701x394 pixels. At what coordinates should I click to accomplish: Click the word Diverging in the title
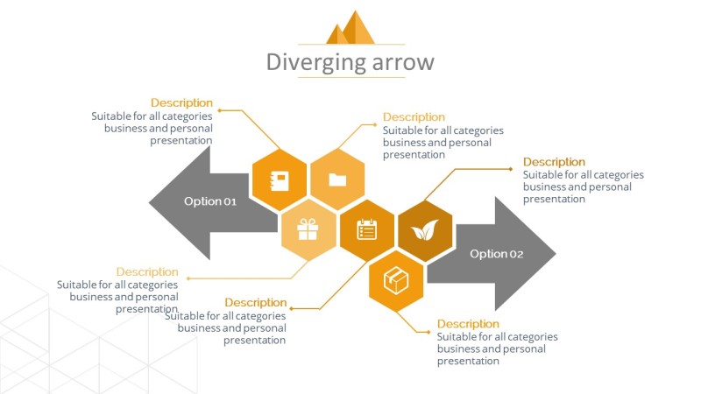coord(307,62)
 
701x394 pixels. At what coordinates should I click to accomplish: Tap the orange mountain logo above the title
coord(350,28)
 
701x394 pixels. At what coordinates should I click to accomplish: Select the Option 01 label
coord(210,201)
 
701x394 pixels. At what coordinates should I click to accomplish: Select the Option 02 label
coord(496,254)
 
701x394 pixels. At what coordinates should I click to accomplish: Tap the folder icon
coord(337,180)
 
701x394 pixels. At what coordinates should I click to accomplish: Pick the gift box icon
coord(308,230)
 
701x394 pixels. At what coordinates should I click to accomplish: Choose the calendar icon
coord(366,230)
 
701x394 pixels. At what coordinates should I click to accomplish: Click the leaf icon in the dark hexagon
coord(425,231)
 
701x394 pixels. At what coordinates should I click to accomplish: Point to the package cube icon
coord(396,281)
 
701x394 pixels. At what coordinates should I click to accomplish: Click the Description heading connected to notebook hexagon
coord(181,103)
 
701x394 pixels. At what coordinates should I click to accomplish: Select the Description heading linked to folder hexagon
coord(414,117)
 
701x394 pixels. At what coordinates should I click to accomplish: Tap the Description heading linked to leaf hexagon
coord(554,162)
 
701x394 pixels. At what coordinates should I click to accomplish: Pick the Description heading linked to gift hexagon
coord(147,272)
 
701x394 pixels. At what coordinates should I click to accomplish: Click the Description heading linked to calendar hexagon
coord(256,303)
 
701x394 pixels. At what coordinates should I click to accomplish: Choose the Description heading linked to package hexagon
coord(468,324)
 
